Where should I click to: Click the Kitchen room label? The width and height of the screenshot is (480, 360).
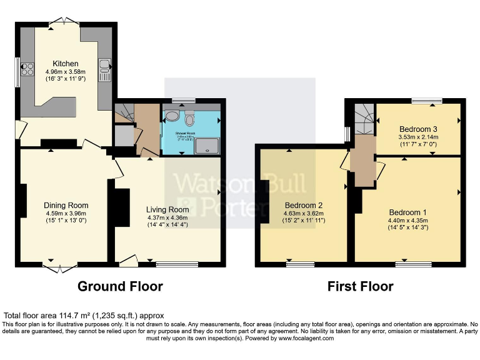point(66,64)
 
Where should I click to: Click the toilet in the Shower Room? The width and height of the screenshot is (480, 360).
point(190,116)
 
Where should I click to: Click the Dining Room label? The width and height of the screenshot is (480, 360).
point(66,205)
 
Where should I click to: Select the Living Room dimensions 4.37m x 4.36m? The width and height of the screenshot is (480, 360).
point(167,217)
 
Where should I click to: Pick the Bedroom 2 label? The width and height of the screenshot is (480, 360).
point(303,205)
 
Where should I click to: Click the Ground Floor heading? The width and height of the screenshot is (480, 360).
point(120,287)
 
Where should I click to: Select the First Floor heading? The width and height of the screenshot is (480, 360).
point(360,287)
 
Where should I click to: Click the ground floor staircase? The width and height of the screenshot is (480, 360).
point(123,115)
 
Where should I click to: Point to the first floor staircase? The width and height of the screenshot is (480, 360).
point(364,119)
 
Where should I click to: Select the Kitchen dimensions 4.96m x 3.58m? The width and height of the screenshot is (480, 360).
point(66,72)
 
